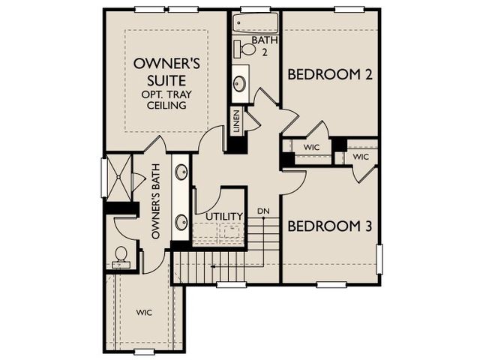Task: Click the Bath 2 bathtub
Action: (255, 22)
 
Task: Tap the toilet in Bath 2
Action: (245, 49)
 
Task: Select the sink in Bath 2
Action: (240, 82)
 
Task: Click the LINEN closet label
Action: (236, 121)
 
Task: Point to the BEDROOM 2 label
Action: (330, 74)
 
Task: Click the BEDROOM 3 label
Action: (330, 226)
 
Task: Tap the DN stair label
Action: (263, 211)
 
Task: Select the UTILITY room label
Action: (224, 217)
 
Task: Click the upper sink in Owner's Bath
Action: (181, 172)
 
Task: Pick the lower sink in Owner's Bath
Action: (181, 222)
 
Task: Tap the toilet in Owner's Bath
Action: (121, 258)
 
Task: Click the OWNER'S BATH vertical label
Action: (156, 202)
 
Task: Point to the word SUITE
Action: (166, 80)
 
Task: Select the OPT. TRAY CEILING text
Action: (166, 100)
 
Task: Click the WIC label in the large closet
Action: (144, 313)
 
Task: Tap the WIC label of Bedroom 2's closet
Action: (312, 147)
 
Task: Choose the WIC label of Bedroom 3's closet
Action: (361, 157)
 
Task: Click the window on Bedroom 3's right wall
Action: (379, 259)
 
